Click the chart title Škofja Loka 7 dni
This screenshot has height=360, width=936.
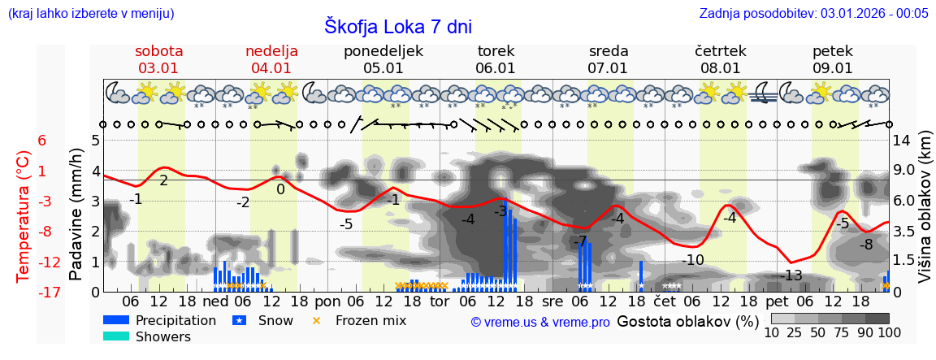[398, 26]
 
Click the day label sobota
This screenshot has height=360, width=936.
[158, 51]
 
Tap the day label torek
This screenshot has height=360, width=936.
[496, 51]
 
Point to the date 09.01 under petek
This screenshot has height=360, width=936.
[832, 68]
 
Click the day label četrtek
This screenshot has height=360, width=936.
[720, 51]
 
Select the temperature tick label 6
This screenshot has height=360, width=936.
[42, 141]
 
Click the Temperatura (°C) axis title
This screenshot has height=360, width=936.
[24, 216]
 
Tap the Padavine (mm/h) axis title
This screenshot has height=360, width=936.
[76, 215]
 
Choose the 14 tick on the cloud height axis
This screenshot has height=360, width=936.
[903, 141]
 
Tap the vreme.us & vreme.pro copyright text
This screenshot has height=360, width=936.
[540, 322]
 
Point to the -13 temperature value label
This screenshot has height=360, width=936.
[791, 275]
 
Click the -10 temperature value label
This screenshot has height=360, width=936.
[693, 260]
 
